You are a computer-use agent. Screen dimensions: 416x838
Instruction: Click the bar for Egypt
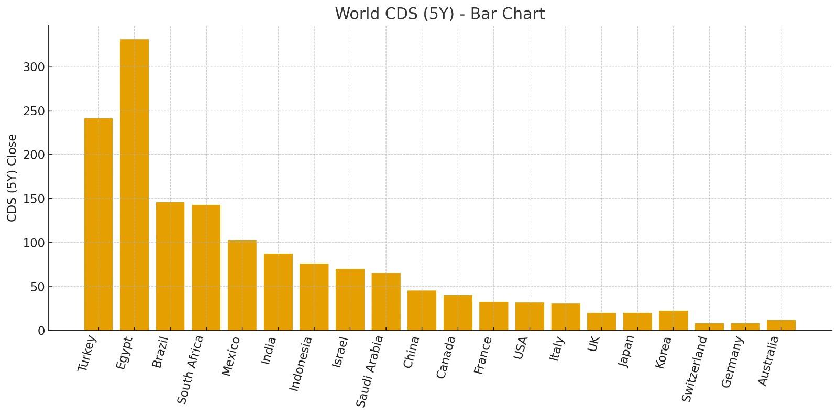point(134,185)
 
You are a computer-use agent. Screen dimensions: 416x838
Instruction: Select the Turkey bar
point(98,224)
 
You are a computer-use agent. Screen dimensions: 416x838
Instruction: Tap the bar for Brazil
point(170,266)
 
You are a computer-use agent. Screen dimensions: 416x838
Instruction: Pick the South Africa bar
point(206,267)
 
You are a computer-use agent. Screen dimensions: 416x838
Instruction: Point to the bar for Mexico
point(242,286)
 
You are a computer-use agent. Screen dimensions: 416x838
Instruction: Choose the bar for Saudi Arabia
point(386,302)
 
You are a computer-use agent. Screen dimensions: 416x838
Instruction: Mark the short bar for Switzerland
point(709,327)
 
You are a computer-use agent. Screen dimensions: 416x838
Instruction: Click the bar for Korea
point(673,321)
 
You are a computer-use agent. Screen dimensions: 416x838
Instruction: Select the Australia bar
point(781,325)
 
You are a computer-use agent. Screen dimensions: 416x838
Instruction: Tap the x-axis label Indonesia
point(301,364)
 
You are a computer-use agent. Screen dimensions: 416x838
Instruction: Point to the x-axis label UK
point(593,344)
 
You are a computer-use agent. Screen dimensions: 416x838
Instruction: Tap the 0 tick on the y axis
point(41,331)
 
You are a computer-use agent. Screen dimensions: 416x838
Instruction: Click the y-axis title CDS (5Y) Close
point(12,178)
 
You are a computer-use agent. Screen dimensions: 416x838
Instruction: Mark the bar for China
point(422,311)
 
